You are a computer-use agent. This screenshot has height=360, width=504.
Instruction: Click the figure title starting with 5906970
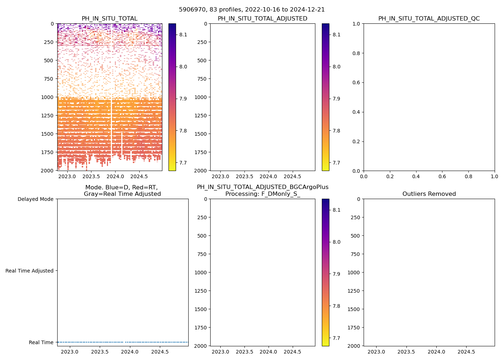(252, 9)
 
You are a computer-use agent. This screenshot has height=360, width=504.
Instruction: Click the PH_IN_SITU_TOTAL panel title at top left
(109, 19)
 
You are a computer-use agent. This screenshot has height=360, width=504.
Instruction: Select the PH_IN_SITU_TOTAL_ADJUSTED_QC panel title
(429, 19)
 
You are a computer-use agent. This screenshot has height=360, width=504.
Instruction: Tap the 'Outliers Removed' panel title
(429, 194)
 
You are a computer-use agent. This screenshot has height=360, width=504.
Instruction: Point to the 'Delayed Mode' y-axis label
(35, 199)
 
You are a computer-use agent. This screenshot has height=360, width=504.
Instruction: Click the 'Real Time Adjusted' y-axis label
(29, 271)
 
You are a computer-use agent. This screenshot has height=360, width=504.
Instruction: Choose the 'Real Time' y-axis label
(41, 342)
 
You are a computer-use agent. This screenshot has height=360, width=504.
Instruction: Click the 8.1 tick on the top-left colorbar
(183, 35)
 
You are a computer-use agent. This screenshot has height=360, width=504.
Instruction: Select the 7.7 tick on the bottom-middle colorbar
(337, 338)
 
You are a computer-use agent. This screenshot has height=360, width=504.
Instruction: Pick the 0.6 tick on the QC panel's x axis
(442, 177)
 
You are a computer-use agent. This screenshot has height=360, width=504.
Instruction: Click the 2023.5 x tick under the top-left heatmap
(91, 177)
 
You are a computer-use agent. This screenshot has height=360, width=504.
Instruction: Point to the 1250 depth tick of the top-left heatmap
(48, 116)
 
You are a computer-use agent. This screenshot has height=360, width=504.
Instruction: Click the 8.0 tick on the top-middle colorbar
(337, 67)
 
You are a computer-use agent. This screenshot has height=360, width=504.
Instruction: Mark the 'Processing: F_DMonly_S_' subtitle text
(262, 194)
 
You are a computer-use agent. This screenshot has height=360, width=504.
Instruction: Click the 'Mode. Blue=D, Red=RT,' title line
(121, 188)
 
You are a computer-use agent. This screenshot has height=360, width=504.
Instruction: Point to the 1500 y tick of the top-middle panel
(201, 134)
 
